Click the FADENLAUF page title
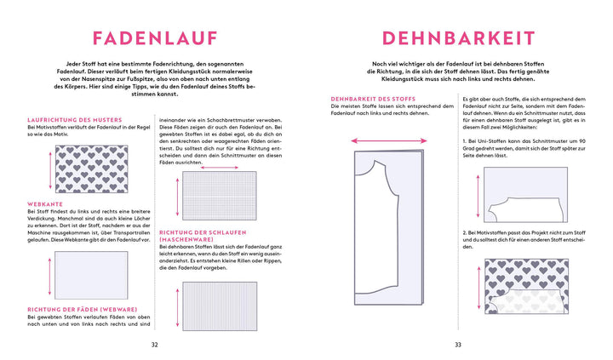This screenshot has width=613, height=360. [x=154, y=38]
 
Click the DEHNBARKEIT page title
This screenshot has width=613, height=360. [x=458, y=38]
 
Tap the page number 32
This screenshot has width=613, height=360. [x=154, y=344]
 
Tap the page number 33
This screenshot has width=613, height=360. [x=457, y=344]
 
